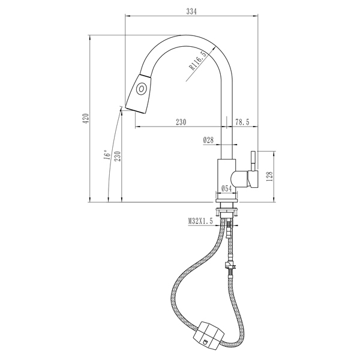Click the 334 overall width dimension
191,11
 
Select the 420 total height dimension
86,118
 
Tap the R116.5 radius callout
197,61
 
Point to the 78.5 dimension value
242,122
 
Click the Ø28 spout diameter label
208,140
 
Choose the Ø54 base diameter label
226,188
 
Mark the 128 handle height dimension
270,176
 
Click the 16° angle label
107,155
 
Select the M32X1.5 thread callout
200,221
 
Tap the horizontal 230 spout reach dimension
181,122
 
